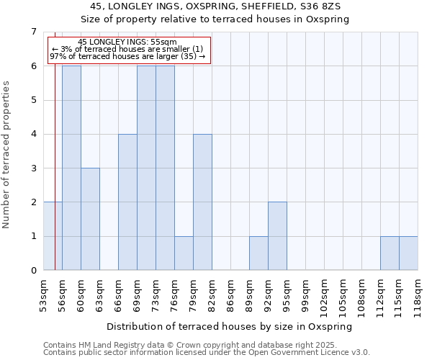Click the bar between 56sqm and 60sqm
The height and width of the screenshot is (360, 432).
coord(71,168)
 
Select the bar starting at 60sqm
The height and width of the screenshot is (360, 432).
coord(90,219)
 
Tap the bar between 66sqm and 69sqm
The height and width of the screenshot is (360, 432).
coord(127,202)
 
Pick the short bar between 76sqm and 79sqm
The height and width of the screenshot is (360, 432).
coord(184,253)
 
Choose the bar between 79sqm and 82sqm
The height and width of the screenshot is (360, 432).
coord(202,202)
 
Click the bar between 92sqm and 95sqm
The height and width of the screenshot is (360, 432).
coord(277,236)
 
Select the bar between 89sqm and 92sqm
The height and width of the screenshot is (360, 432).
coord(258,253)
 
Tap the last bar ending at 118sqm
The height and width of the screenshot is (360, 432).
coord(408,253)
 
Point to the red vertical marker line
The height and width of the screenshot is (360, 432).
coord(55,180)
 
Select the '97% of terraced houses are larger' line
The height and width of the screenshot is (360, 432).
coord(127,56)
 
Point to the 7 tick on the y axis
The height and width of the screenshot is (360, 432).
coord(33,32)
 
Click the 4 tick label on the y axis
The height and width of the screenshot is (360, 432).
coord(33,134)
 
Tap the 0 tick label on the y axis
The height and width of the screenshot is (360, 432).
coord(33,271)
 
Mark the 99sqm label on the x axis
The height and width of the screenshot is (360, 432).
coord(306,293)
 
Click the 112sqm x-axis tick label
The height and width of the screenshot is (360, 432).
coord(381,295)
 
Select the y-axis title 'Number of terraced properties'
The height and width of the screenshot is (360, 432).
coord(7,154)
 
